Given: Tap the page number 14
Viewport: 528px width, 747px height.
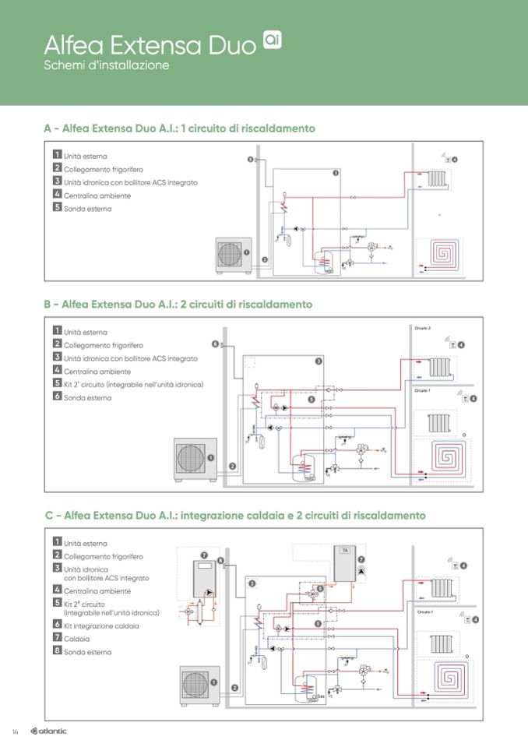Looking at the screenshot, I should click(x=15, y=731).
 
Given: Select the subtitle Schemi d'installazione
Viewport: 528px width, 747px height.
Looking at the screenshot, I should click(x=107, y=65).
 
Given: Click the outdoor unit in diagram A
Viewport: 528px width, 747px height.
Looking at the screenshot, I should click(x=232, y=254).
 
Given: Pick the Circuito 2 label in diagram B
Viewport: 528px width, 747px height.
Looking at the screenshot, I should click(x=423, y=329).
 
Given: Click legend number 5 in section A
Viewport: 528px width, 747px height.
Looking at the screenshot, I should click(x=57, y=208).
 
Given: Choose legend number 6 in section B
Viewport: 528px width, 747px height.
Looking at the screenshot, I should click(x=57, y=396).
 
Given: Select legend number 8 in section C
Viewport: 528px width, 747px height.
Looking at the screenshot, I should click(x=57, y=650).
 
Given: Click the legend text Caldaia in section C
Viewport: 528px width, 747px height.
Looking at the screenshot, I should click(x=77, y=638).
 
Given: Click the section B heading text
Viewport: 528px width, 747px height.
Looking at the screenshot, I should click(x=178, y=304).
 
